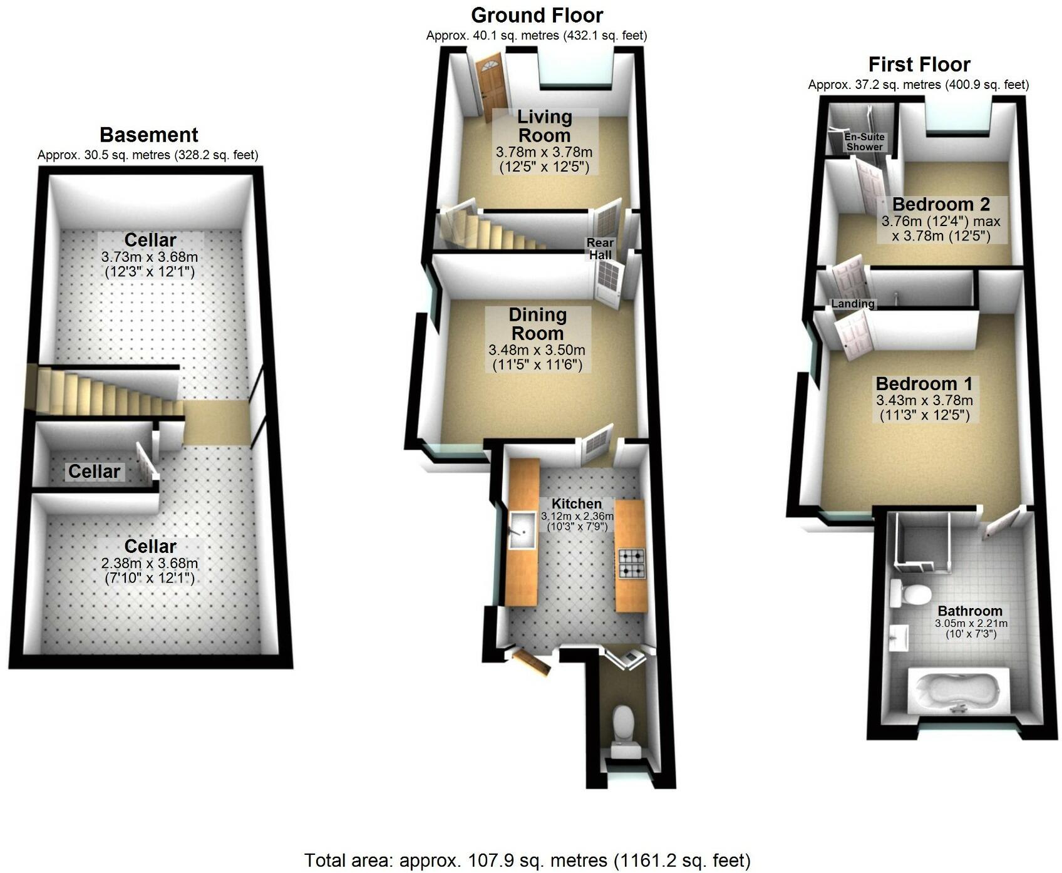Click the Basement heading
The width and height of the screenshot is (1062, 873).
(148, 135)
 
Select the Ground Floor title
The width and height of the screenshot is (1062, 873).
(537, 15)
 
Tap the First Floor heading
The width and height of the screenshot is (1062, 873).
(919, 65)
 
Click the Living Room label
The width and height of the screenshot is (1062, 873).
(544, 126)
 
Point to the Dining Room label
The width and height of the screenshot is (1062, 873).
(537, 324)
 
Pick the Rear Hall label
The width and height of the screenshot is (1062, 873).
(600, 249)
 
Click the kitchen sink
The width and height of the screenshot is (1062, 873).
(521, 530)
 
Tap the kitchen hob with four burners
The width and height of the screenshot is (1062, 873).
(632, 563)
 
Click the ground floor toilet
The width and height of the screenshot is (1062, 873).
(622, 723)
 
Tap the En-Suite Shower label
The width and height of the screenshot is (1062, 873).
(864, 142)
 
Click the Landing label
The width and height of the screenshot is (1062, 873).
(852, 304)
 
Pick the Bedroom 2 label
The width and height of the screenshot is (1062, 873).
(941, 204)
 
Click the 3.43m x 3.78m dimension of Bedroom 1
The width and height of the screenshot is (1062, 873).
(924, 400)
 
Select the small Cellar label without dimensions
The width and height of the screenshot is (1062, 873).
(94, 471)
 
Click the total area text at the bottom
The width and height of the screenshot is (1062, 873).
(527, 860)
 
